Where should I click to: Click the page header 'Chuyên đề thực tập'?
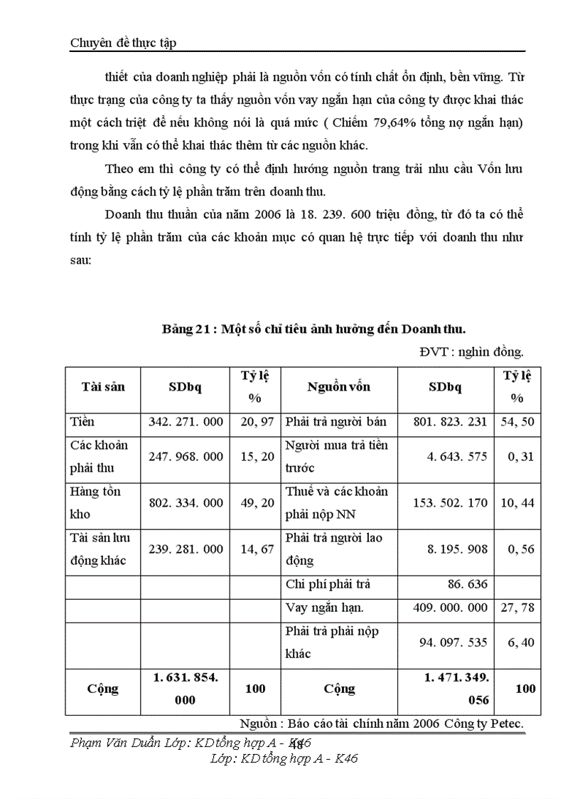[x=123, y=43]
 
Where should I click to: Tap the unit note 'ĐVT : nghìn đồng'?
[x=471, y=351]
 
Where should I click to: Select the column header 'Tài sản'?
[x=103, y=387]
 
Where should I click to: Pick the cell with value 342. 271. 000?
[x=186, y=422]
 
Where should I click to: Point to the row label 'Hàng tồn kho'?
[x=95, y=502]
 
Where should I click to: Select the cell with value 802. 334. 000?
[x=186, y=503]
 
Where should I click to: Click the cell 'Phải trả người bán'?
[x=335, y=422]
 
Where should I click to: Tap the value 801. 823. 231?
[x=450, y=422]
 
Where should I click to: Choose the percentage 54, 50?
[x=517, y=422]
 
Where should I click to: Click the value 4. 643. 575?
[x=457, y=457]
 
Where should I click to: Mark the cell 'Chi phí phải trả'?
[x=328, y=585]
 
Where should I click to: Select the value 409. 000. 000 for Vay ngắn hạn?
[x=450, y=608]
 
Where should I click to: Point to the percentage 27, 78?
[x=517, y=608]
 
